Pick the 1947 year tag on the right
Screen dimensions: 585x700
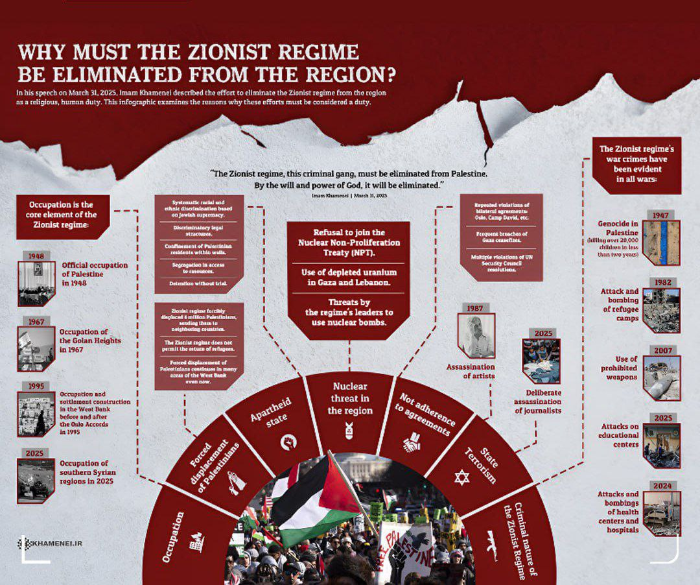point(661,215)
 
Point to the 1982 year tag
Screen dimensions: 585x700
point(661,283)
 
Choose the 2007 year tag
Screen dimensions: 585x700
point(661,350)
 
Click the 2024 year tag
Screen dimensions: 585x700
point(661,486)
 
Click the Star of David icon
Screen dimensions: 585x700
point(461,478)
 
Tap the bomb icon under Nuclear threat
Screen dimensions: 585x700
point(349,429)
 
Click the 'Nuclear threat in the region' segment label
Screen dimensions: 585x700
point(349,398)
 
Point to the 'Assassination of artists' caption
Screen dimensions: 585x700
point(471,371)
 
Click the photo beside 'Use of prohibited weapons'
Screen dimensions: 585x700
point(662,377)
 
